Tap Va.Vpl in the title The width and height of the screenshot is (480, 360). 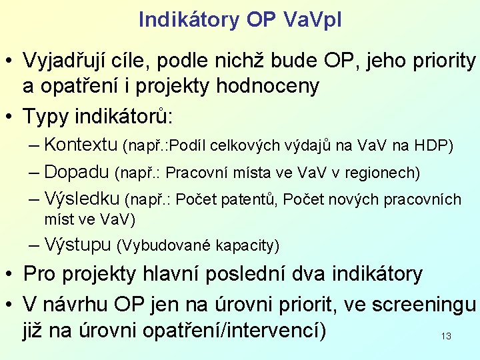click(x=311, y=20)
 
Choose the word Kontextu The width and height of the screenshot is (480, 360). click(x=81, y=145)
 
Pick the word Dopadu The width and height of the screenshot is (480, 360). click(x=76, y=172)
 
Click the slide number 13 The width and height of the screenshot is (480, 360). click(x=446, y=337)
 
